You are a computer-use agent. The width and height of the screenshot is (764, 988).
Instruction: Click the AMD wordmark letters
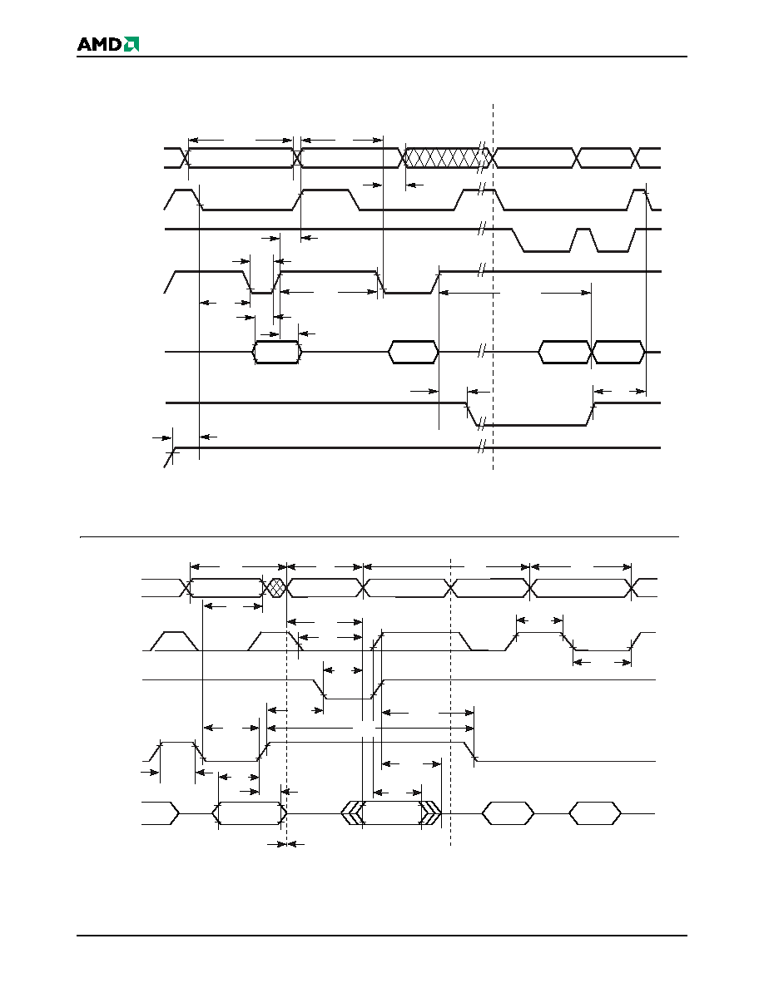tap(100, 44)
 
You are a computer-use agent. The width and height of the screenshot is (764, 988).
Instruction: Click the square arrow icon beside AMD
tap(131, 44)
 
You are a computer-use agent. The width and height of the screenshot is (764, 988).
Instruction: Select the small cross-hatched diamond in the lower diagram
tap(275, 588)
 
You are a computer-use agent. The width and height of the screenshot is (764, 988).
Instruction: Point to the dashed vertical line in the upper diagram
tap(493, 287)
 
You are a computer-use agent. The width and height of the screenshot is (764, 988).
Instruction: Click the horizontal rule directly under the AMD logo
tap(382, 57)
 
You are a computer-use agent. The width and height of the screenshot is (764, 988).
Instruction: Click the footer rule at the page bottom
tap(382, 936)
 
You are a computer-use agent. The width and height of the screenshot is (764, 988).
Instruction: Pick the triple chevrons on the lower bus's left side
tap(352, 813)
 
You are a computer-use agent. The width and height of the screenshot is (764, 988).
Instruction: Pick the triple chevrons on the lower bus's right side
tap(431, 813)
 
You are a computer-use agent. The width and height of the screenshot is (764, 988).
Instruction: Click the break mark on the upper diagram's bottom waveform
tap(480, 447)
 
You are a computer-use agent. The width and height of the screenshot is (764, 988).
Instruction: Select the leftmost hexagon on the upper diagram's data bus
tap(277, 352)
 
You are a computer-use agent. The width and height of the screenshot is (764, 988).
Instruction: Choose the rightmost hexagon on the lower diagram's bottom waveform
tap(595, 813)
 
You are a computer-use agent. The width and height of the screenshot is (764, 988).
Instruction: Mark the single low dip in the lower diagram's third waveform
tap(349, 690)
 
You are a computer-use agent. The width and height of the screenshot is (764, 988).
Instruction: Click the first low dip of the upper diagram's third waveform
tap(546, 240)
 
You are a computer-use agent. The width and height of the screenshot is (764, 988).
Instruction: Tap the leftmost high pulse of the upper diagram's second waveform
tap(183, 199)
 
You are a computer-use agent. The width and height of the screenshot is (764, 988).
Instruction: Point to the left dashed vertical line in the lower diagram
tap(287, 706)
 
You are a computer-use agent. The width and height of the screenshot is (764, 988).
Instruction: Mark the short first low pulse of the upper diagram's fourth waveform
tap(261, 282)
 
